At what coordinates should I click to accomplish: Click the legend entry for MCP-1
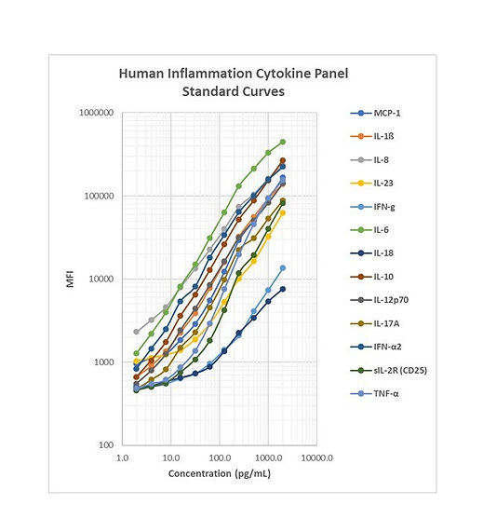tap(375, 113)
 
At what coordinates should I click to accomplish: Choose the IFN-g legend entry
tap(372, 207)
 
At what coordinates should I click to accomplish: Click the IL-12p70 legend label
tap(391, 300)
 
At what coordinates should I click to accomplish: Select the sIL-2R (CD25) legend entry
tap(388, 370)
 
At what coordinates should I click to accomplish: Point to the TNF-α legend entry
tap(374, 393)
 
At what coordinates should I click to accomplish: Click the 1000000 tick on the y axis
tap(96, 113)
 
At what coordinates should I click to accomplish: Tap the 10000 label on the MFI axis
tap(101, 279)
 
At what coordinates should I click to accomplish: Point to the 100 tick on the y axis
tap(106, 444)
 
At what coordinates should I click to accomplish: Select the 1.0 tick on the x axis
tap(122, 458)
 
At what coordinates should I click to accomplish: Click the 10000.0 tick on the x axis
tap(317, 458)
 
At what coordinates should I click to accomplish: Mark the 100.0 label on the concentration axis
tap(220, 458)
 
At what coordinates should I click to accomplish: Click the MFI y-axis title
tap(70, 279)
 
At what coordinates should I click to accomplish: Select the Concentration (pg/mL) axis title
tap(220, 473)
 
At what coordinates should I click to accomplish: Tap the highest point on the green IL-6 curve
tap(283, 142)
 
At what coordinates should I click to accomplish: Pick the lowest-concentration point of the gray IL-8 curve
tap(136, 332)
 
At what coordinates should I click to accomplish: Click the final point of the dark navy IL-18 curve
tap(283, 289)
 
